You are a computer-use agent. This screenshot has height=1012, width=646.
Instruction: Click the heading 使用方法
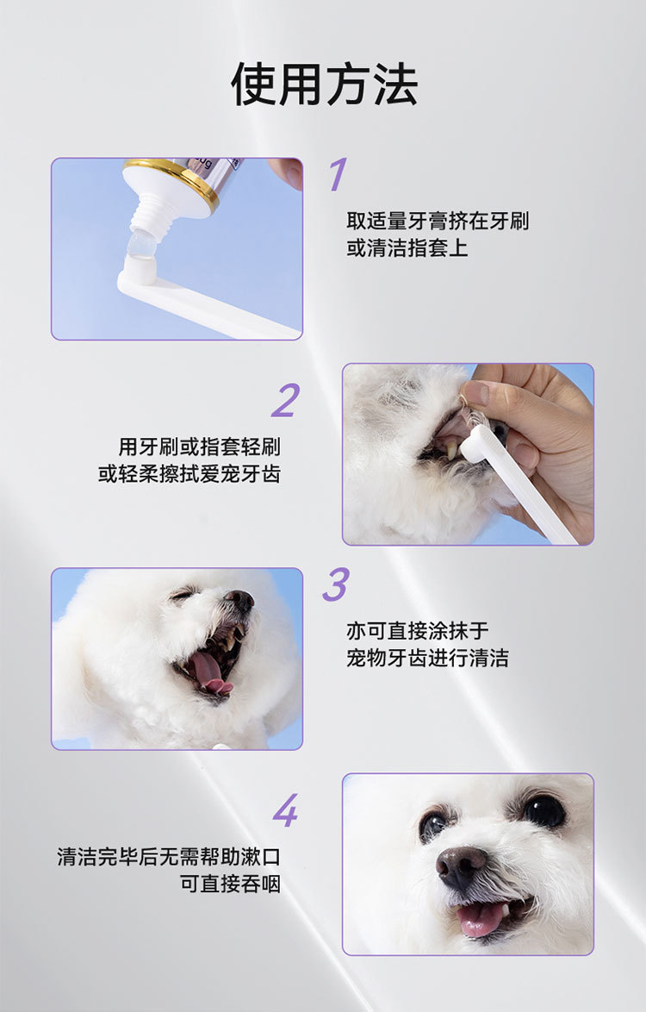[324, 84]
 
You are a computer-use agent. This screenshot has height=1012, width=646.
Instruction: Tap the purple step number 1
[338, 174]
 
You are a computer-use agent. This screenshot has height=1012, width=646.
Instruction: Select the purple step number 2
[286, 400]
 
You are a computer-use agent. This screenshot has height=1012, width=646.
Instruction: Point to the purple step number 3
[336, 584]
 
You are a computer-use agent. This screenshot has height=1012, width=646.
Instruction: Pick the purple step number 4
[286, 810]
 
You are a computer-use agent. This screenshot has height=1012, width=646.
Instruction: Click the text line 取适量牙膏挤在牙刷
[438, 222]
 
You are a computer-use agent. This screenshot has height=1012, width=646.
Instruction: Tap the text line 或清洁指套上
[407, 248]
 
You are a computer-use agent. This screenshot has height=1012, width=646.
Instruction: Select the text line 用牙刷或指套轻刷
[199, 447]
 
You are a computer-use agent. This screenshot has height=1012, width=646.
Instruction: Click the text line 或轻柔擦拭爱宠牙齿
[189, 474]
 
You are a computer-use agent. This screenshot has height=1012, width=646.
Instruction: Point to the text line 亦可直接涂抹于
[418, 631]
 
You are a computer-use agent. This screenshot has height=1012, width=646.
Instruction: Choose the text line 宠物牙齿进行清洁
[427, 658]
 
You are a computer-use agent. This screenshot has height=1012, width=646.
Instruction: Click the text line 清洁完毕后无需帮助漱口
[169, 857]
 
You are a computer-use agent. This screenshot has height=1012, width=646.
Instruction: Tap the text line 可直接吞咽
[230, 884]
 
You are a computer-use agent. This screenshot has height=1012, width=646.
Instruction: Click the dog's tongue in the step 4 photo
[481, 918]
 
